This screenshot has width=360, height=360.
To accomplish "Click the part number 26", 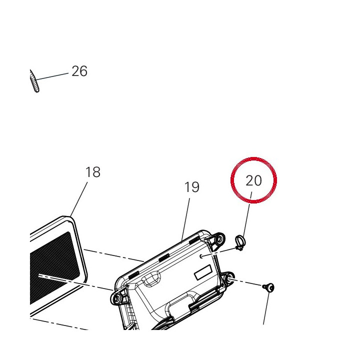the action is click(x=79, y=71).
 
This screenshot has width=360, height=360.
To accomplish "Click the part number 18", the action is click(x=93, y=172).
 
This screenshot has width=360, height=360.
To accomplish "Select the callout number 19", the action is click(x=192, y=187).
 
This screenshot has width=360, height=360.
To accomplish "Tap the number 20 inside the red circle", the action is click(x=253, y=180).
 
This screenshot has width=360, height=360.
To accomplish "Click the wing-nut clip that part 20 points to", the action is click(x=239, y=243).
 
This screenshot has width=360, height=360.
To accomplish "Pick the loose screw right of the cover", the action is click(x=268, y=287).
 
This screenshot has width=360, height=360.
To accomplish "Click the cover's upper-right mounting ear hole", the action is click(x=219, y=239).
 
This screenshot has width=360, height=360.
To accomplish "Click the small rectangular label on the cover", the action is click(x=202, y=272).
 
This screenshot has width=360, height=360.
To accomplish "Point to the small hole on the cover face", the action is click(x=201, y=256).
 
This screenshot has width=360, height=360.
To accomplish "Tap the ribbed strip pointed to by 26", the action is click(x=34, y=81).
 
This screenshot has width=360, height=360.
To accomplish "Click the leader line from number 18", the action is click(x=79, y=199).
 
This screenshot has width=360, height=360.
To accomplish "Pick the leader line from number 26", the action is click(x=52, y=76).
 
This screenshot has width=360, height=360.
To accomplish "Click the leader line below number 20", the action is click(x=247, y=215).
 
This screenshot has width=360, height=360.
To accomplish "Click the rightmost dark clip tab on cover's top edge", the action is click(x=194, y=240).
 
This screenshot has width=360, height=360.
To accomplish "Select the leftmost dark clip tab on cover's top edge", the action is click(x=133, y=275).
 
